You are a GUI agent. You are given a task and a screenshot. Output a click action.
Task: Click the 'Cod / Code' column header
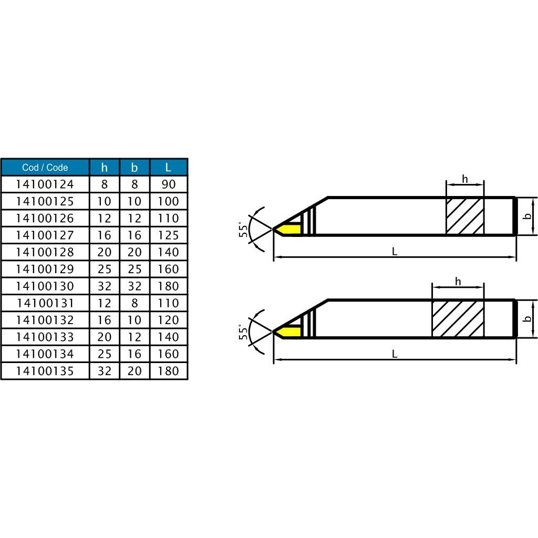45,167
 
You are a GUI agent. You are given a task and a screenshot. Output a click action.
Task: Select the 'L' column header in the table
168,167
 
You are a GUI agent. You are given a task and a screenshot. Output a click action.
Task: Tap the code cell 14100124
45,184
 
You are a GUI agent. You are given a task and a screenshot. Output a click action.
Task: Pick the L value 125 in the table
168,235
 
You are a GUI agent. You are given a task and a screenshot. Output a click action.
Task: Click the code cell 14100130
45,286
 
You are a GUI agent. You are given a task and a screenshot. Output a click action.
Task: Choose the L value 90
168,184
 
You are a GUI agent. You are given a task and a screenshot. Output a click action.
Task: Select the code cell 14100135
45,371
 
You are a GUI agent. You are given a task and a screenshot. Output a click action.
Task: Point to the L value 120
168,320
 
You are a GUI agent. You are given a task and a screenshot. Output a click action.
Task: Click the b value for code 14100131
134,303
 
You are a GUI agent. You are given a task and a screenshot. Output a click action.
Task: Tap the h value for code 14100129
105,269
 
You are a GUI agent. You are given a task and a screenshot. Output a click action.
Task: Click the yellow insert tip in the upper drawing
288,229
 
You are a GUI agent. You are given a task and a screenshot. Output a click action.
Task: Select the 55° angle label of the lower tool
243,333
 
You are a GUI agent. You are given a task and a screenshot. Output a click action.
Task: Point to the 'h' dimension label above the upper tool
465,179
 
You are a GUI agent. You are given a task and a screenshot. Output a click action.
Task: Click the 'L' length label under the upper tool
395,252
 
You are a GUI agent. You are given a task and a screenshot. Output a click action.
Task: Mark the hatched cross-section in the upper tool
465,216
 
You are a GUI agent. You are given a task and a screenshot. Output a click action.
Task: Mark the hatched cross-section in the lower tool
458,318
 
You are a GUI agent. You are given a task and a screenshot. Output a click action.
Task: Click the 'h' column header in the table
105,167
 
